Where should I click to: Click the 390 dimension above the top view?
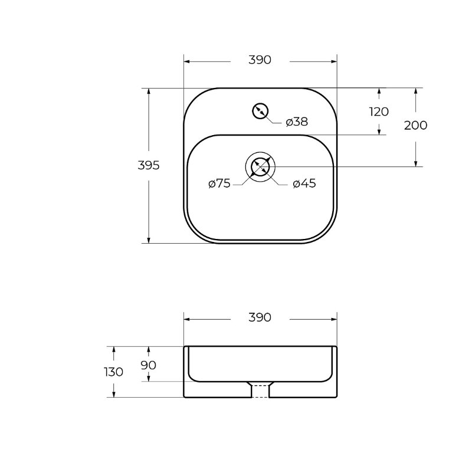point(260,60)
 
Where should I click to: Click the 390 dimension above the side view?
point(260,317)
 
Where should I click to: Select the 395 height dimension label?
point(149,165)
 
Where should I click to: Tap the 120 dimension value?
point(379,112)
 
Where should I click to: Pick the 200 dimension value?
point(415,125)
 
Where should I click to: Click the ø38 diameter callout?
point(297,122)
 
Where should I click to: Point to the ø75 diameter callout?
point(219,183)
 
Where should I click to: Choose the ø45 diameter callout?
point(304,183)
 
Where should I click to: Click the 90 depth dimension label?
point(149,365)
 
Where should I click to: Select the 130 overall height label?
point(114,372)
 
